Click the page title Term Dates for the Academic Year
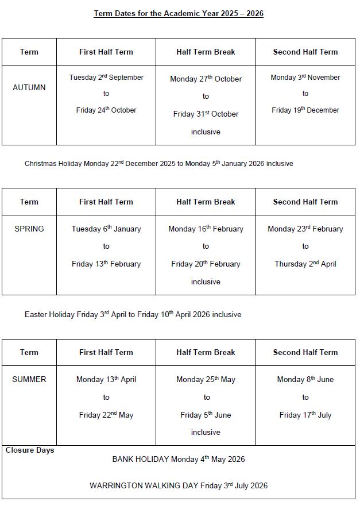[x=179, y=14]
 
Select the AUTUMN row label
[x=29, y=87]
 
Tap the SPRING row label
[x=29, y=229]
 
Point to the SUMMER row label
[x=29, y=379]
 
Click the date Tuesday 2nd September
[x=106, y=78]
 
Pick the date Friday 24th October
[x=106, y=110]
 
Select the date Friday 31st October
[x=206, y=114]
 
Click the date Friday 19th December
[x=305, y=110]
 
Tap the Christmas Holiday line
[x=158, y=164]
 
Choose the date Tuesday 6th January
[x=106, y=229]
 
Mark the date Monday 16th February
[x=206, y=229]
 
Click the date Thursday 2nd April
[x=305, y=264]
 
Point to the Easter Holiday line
[x=133, y=314]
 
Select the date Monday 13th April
[x=106, y=379]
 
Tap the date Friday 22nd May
[x=106, y=415]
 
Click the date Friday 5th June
[x=206, y=415]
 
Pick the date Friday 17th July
[x=305, y=415]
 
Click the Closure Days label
[x=30, y=450]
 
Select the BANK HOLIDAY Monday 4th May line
[x=179, y=459]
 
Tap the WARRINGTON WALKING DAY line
[x=179, y=485]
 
